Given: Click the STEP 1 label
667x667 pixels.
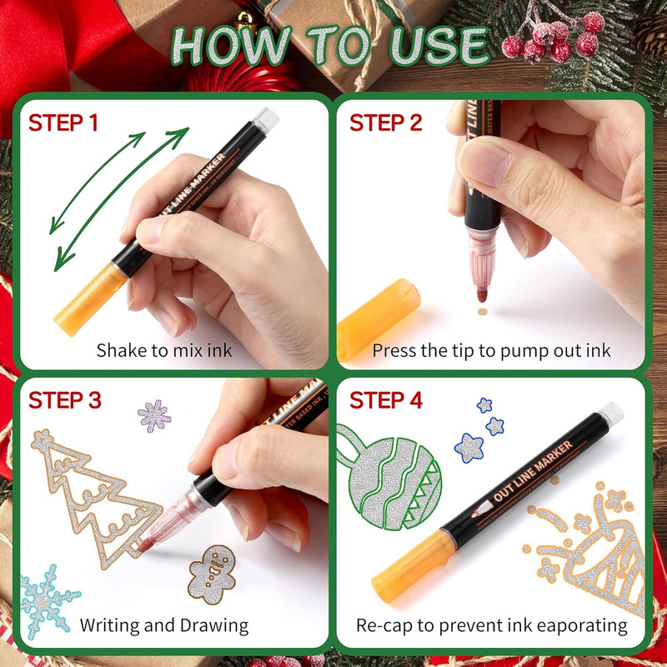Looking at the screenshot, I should click(x=64, y=123).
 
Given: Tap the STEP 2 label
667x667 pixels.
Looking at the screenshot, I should click(x=386, y=123).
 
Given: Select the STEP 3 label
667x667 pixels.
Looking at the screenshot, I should click(x=65, y=400).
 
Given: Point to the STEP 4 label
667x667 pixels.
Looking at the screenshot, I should click(x=386, y=400).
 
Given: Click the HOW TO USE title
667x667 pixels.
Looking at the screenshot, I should click(x=332, y=47).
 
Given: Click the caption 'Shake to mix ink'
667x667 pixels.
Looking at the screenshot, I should click(x=163, y=349).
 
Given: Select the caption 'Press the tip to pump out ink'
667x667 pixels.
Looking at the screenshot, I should click(x=491, y=349).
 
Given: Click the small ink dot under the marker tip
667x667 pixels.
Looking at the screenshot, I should click(x=481, y=313).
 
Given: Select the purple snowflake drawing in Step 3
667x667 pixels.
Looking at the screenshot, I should click(x=154, y=414).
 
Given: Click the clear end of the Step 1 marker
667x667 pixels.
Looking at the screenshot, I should click(x=265, y=120).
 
